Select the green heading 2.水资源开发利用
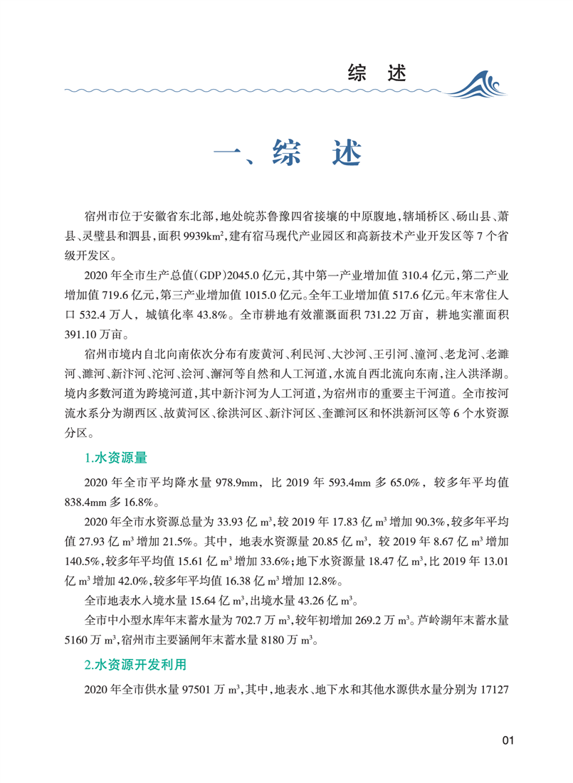pos(135,666)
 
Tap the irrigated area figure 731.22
pos(392,314)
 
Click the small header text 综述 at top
pos(377,71)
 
